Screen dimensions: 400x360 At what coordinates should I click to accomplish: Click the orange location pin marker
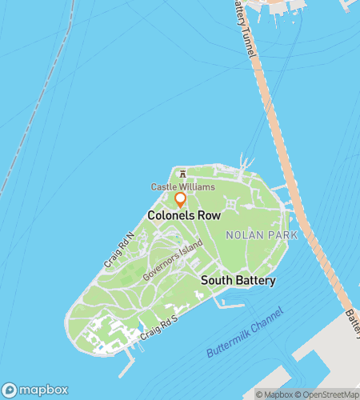181,199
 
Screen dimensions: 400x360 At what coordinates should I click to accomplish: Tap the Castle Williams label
183,186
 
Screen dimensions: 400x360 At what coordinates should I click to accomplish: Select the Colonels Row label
184,216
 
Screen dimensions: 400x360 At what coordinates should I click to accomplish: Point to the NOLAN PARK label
262,235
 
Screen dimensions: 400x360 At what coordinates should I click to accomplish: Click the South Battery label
238,281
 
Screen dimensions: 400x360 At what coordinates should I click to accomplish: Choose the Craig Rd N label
116,250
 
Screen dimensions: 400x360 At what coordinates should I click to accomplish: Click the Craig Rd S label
157,327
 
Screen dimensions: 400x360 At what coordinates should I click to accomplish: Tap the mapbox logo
34,390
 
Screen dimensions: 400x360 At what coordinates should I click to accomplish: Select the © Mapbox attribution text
274,394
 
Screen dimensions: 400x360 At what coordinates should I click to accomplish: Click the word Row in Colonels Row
209,216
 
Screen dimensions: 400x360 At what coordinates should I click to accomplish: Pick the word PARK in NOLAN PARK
282,235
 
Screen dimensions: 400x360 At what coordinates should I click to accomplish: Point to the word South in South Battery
216,281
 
